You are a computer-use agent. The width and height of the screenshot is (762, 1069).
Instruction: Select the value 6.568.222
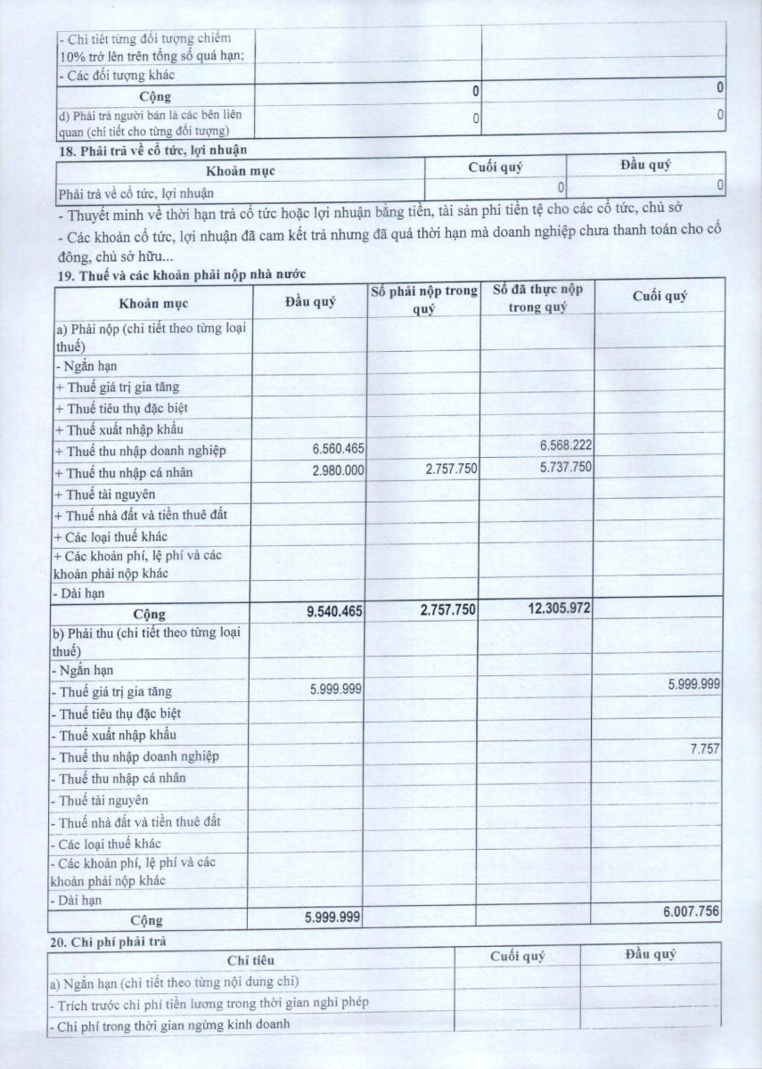click(566, 445)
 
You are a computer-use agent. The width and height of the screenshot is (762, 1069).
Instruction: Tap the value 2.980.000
click(339, 471)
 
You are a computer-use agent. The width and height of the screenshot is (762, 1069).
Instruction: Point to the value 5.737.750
click(566, 466)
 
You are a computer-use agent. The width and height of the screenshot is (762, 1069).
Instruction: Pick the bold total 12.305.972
click(555, 608)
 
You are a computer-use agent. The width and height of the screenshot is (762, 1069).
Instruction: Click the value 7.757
click(704, 749)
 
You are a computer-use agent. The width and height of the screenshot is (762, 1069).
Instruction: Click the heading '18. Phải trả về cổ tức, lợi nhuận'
click(152, 150)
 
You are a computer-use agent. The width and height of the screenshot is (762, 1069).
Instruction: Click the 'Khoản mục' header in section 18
click(241, 169)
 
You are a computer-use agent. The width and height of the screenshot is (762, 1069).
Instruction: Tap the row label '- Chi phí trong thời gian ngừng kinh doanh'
click(170, 1024)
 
